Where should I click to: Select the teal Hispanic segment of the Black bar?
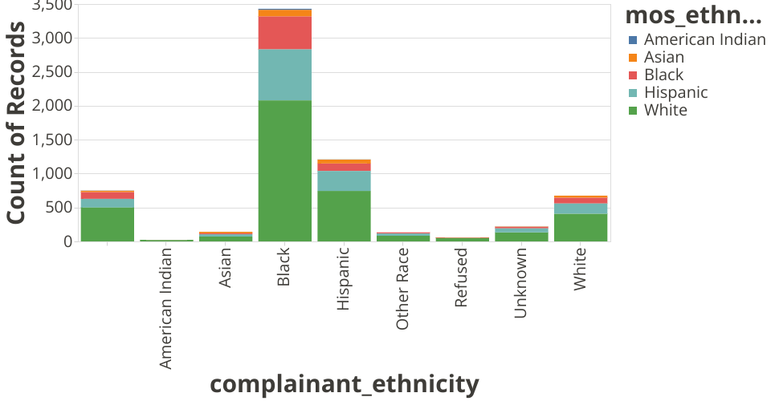point(284,75)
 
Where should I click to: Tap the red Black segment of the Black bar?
point(284,33)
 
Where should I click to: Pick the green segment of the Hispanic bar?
point(344,216)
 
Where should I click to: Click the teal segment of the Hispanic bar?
point(344,180)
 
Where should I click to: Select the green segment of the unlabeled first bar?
point(107,224)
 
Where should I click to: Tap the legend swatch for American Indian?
point(634,39)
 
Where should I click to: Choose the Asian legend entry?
point(663,57)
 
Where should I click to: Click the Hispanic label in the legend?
point(675,92)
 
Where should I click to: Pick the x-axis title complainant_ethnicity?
point(345,384)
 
